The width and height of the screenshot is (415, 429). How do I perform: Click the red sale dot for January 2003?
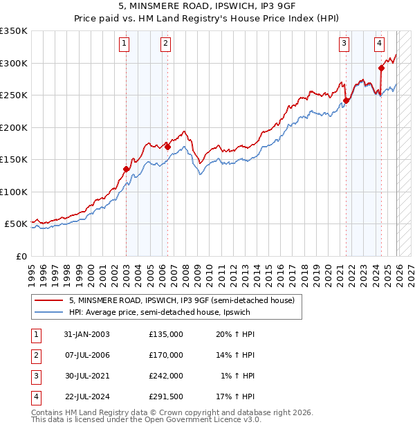click(127, 169)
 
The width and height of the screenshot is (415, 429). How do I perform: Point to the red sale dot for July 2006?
click(168, 147)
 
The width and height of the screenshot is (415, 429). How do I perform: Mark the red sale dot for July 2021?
click(347, 100)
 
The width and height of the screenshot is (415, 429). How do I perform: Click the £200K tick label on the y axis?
click(14, 127)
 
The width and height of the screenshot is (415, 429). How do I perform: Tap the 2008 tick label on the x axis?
click(187, 273)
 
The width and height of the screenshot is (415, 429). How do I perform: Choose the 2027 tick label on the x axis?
click(411, 273)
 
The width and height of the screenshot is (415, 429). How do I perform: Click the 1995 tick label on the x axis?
click(32, 273)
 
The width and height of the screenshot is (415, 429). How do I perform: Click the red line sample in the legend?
click(49, 300)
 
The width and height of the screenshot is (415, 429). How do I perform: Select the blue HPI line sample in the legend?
click(49, 312)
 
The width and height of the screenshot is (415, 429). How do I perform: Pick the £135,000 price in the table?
click(165, 334)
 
